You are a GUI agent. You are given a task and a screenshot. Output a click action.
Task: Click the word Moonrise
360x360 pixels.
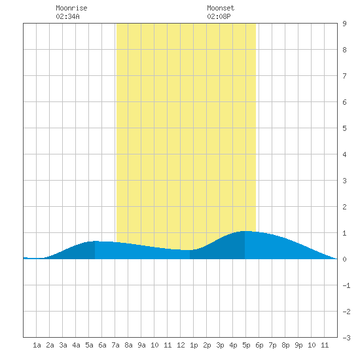[x=71, y=8]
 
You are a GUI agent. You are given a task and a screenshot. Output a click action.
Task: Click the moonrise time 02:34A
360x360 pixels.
[x=67, y=16]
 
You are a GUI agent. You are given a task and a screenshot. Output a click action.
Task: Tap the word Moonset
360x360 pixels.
[x=221, y=8]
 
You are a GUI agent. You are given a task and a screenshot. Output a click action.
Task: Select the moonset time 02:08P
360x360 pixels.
[x=219, y=16]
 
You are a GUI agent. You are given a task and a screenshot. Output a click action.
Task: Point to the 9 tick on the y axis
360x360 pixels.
[x=344, y=24]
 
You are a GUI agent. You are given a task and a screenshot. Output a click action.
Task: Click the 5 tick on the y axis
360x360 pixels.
[x=344, y=128]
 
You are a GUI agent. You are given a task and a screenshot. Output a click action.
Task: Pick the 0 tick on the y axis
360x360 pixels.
[x=344, y=259]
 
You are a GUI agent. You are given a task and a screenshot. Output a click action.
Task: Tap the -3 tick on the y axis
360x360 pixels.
[x=346, y=338]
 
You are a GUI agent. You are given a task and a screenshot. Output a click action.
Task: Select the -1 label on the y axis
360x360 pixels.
[x=346, y=285]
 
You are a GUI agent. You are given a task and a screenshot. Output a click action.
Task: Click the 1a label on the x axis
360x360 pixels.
[x=37, y=345]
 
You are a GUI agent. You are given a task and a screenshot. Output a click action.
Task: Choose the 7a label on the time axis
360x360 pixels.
[x=115, y=345]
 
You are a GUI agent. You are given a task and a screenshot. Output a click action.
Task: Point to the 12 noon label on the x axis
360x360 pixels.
[x=181, y=345]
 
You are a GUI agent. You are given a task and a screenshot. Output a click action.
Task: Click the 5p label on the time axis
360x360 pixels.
[x=246, y=345]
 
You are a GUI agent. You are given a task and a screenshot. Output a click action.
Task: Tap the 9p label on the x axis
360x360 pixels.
[x=298, y=345]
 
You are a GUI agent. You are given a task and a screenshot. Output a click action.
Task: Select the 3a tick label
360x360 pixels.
[x=63, y=345]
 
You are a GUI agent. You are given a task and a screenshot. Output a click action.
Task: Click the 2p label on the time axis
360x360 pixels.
[x=207, y=345]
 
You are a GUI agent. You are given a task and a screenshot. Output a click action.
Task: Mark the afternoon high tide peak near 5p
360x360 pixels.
[x=245, y=231]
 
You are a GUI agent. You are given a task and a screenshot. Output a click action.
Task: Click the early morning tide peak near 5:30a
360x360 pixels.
[x=95, y=241]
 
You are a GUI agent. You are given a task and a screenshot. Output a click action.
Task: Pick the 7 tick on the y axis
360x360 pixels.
[x=344, y=76]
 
